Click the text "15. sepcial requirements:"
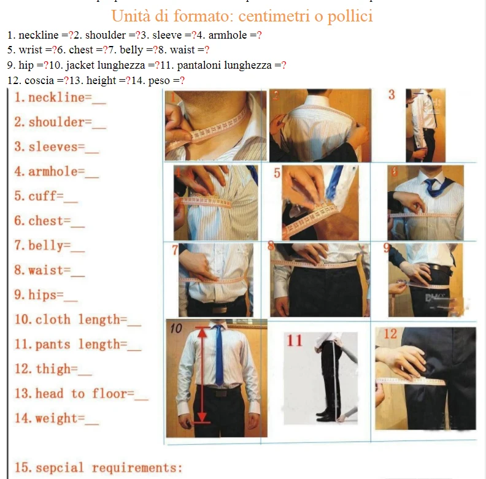coord(98,468)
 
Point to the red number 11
coord(295,341)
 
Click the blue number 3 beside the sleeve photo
coord(392,94)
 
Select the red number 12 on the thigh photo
coord(391,334)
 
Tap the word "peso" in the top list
coord(161,80)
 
